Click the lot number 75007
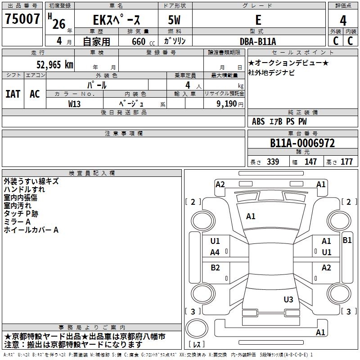click(22, 19)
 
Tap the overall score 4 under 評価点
click(343, 20)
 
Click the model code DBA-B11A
click(258, 41)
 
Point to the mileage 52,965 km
click(54, 64)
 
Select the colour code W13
click(75, 103)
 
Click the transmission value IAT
click(13, 94)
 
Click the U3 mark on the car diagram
click(288, 299)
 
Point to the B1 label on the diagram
click(347, 240)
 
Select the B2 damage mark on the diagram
click(216, 268)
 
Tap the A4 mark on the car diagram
click(215, 252)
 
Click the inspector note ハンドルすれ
click(24, 189)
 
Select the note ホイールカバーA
click(31, 230)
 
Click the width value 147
click(310, 162)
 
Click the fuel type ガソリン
click(175, 41)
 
